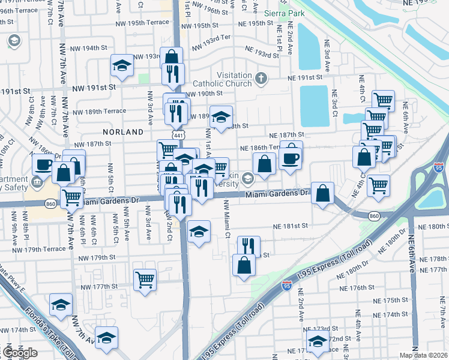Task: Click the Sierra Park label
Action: pyautogui.click(x=283, y=12)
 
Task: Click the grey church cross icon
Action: pyautogui.click(x=261, y=78)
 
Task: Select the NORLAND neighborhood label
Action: pyautogui.click(x=123, y=131)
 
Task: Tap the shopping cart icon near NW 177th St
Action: pyautogui.click(x=145, y=278)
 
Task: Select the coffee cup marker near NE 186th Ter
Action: pyautogui.click(x=289, y=158)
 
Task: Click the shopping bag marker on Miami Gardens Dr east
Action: pyautogui.click(x=323, y=193)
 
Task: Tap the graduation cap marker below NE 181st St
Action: pyautogui.click(x=198, y=231)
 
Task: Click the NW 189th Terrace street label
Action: pyautogui.click(x=100, y=111)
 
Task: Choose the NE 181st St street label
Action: pyautogui.click(x=291, y=226)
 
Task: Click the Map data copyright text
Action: pyautogui.click(x=423, y=355)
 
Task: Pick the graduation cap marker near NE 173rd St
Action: pyautogui.click(x=317, y=342)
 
